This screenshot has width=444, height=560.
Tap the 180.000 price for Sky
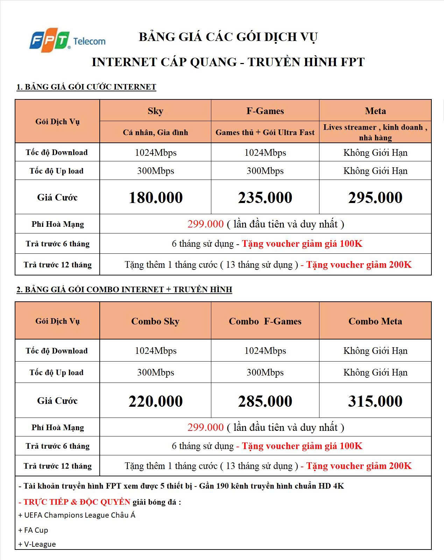coord(156,197)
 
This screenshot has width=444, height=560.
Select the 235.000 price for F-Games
coord(265,197)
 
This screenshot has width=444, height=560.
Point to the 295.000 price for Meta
coord(375,197)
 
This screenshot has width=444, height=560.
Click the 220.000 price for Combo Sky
coord(156,401)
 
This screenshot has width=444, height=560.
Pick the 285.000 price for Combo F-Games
coord(265,401)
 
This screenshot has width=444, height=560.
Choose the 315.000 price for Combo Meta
coord(375,401)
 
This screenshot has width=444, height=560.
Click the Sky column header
coord(155,111)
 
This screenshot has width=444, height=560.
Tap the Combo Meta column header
coord(375,321)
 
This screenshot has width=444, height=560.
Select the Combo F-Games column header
coord(265,321)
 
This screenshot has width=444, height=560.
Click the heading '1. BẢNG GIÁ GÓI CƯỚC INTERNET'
coord(86,87)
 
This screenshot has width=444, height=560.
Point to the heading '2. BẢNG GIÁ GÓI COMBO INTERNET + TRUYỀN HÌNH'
coord(124,289)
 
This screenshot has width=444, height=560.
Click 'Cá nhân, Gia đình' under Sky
coord(155,132)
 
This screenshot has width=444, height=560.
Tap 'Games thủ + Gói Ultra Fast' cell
coord(265,132)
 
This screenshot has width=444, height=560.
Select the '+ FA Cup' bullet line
coord(34,530)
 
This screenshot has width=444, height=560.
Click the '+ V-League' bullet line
coord(37,544)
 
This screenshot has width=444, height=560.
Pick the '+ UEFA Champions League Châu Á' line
coord(77,515)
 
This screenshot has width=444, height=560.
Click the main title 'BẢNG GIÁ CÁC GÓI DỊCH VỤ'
coord(228,37)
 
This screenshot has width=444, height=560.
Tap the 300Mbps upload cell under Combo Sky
coord(156,372)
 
